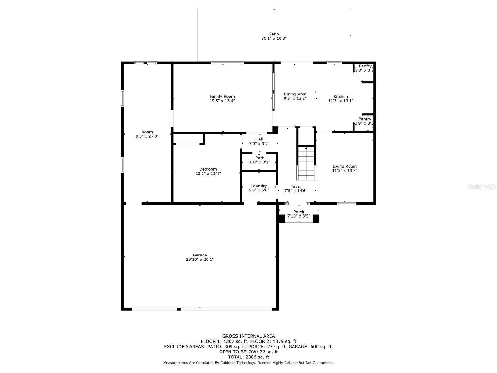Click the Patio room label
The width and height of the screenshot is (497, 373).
click(x=274, y=34)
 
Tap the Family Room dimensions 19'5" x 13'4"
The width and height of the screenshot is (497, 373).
click(x=222, y=101)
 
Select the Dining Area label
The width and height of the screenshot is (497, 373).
click(x=295, y=94)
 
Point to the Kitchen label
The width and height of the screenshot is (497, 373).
click(x=340, y=96)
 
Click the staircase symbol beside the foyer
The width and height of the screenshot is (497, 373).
click(x=306, y=163)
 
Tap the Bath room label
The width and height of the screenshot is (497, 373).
click(x=260, y=158)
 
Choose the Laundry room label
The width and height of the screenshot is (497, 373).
click(x=259, y=186)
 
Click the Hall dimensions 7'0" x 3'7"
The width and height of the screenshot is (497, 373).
click(x=259, y=143)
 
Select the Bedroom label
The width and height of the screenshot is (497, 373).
click(x=208, y=169)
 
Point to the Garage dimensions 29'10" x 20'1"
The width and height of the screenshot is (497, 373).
click(x=200, y=259)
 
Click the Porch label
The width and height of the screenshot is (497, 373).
click(x=299, y=212)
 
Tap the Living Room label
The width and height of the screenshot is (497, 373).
click(x=344, y=166)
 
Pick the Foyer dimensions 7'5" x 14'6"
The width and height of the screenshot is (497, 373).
click(x=296, y=191)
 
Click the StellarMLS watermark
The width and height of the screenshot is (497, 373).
click(x=481, y=186)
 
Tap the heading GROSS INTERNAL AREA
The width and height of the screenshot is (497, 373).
click(x=248, y=336)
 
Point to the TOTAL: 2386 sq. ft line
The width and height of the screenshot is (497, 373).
click(x=248, y=357)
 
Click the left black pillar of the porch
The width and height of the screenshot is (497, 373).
click(x=282, y=219)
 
